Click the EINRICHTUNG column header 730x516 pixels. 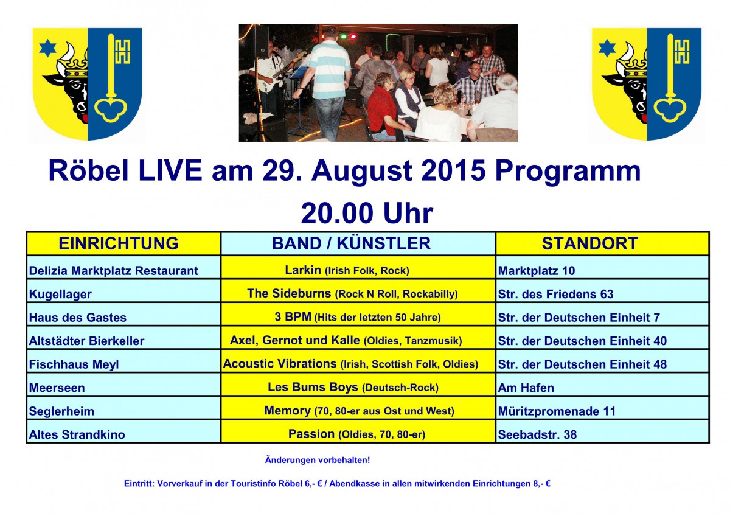pos(119,243)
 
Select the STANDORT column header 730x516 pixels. pos(590,243)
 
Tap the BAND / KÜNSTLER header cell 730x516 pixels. pos(352,243)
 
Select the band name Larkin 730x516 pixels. pos(303,270)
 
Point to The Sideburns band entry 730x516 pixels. pos(289,293)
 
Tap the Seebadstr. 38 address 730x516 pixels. pos(537,434)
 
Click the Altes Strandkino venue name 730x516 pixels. pos(77,434)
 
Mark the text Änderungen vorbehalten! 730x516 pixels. pos(318,460)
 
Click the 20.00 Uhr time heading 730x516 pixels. pos(367,213)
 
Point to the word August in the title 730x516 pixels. pos(362,172)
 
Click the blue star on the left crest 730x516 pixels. pos(48,48)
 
